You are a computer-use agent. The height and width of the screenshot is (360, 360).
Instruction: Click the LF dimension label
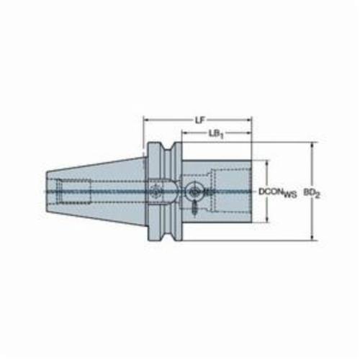click(199, 120)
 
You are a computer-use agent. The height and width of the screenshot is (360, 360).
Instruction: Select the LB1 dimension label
click(216, 134)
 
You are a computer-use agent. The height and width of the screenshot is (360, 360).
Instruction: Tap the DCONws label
click(278, 192)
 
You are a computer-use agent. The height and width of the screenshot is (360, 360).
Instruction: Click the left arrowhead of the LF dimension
click(146, 120)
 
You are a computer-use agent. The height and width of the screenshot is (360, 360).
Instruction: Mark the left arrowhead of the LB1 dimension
click(185, 132)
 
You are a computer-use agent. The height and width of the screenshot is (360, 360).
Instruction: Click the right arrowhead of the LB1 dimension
click(248, 132)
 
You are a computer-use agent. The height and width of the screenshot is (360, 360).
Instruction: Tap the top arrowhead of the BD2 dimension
click(312, 145)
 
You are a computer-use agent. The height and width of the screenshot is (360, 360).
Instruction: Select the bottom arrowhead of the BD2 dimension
click(312, 237)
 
